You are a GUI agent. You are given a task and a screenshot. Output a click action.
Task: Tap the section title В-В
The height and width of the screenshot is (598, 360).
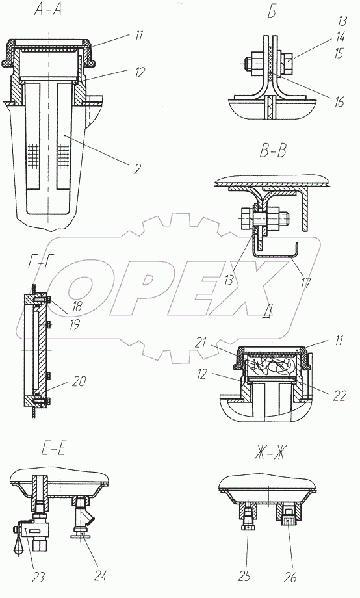click(273, 151)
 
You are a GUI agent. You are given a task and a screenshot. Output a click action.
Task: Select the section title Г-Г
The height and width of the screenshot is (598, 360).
click(38, 263)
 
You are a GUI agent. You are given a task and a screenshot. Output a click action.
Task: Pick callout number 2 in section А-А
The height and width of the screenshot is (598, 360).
click(137, 168)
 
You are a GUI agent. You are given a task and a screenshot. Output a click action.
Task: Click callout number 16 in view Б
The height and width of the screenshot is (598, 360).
click(339, 102)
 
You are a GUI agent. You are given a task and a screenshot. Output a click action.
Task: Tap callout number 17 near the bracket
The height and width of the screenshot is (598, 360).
click(306, 283)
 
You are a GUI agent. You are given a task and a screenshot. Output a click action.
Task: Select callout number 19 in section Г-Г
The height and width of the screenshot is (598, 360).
click(74, 324)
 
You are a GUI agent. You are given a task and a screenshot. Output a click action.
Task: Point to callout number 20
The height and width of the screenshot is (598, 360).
click(79, 381)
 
